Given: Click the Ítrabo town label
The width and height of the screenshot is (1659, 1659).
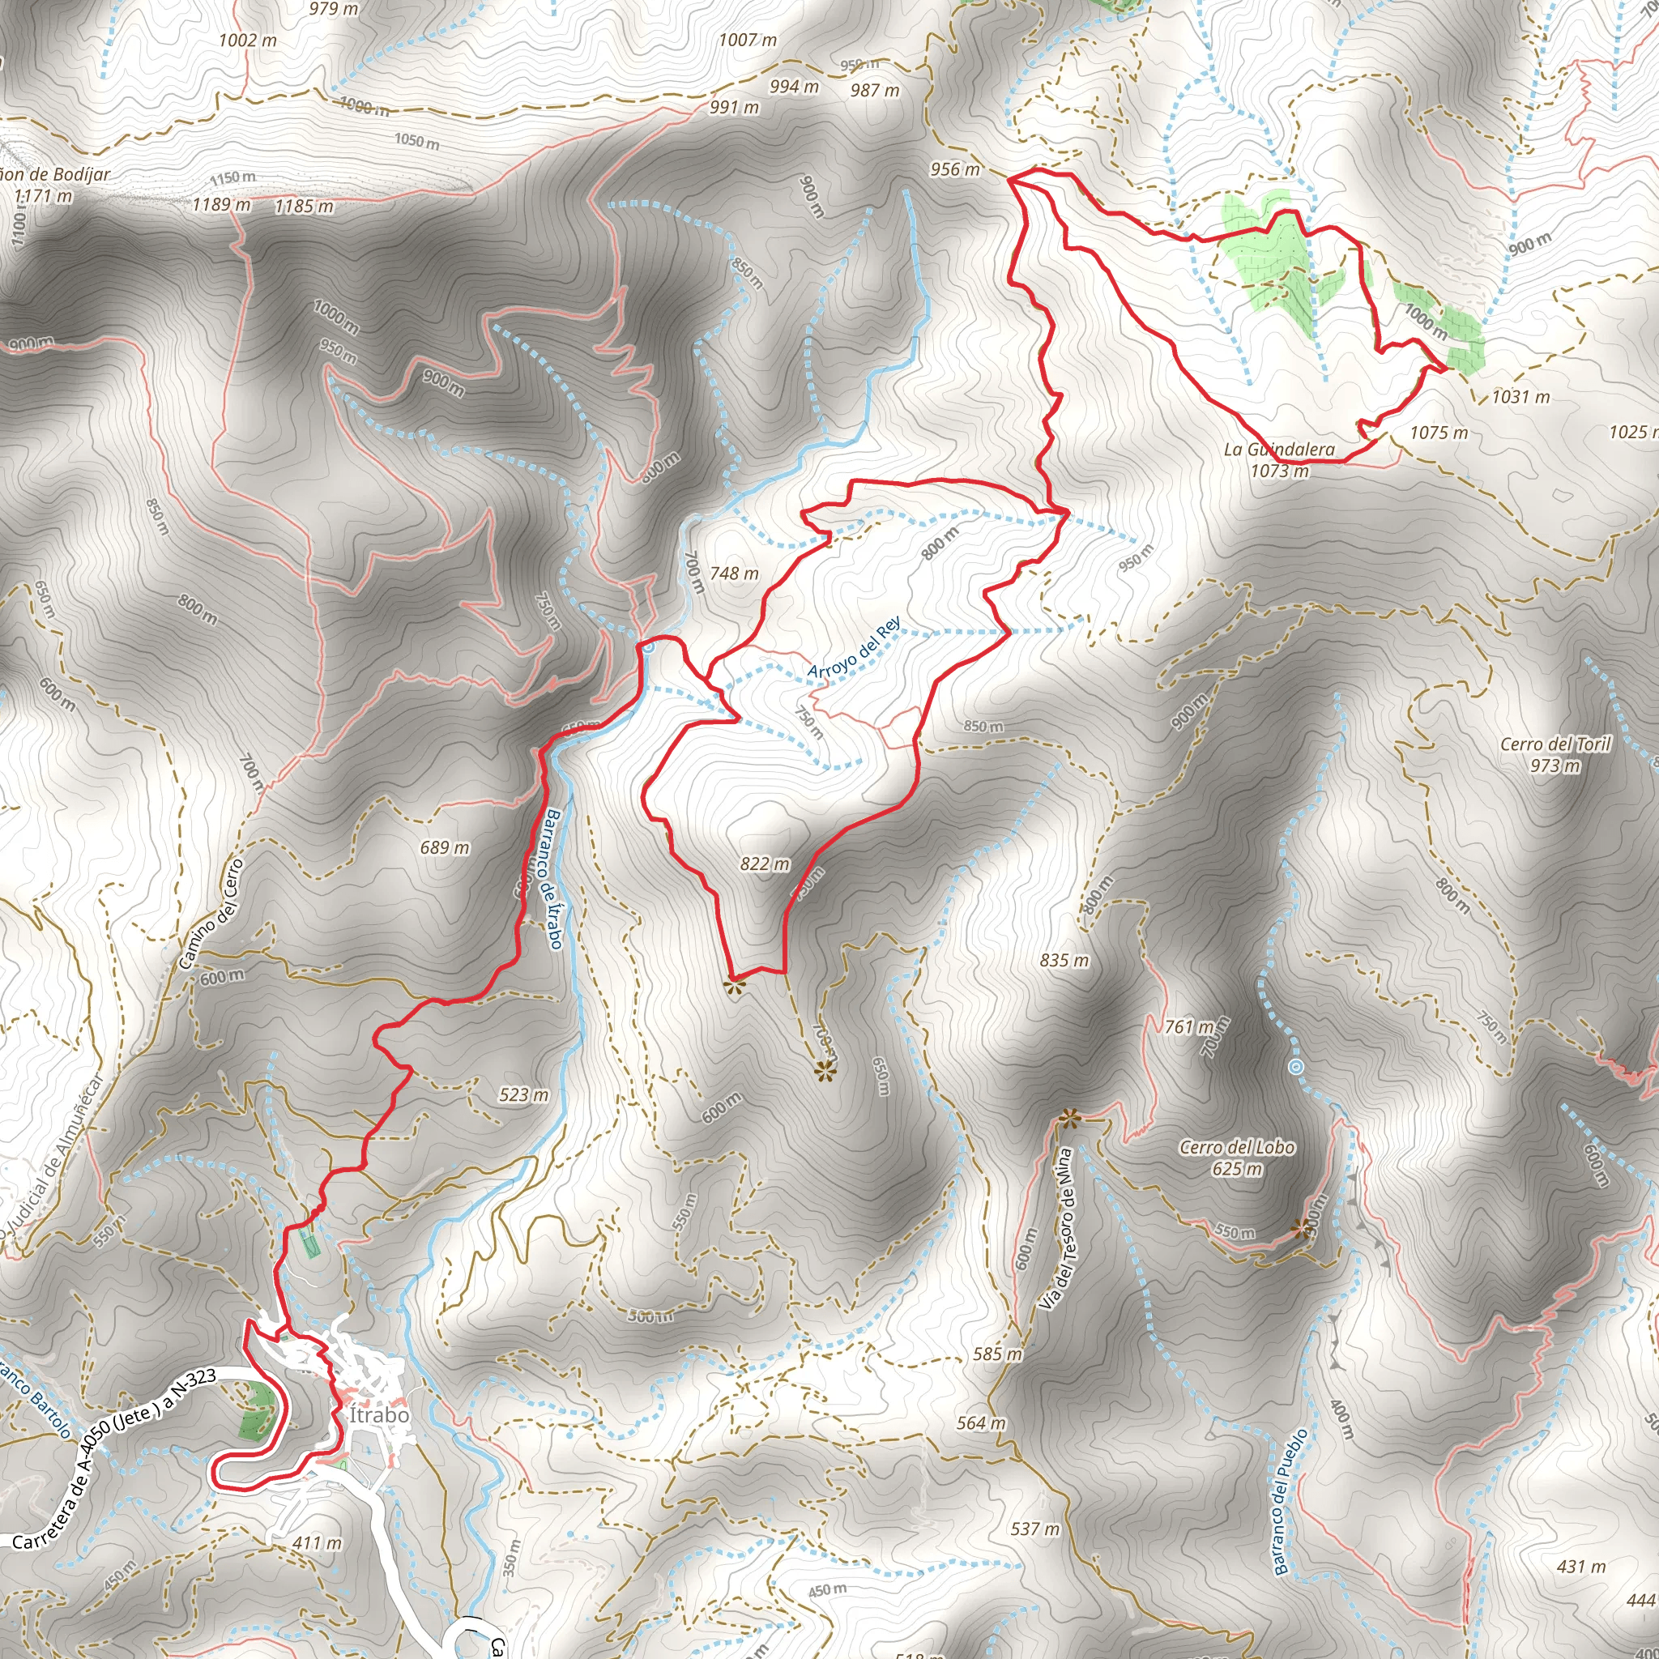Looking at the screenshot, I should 378,1414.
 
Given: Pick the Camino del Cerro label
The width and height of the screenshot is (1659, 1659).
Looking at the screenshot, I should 212,914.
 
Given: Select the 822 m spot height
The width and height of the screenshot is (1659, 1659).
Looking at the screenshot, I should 765,864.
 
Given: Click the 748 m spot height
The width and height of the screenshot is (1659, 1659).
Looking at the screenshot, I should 734,573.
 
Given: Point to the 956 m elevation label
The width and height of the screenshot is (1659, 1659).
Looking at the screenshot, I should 955,169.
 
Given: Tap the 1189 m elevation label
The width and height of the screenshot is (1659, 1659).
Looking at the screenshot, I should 220,204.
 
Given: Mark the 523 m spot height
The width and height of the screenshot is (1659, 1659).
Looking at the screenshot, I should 524,1095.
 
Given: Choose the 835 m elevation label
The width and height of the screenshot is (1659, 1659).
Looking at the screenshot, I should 1064,960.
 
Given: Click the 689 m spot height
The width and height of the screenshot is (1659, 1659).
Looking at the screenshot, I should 445,847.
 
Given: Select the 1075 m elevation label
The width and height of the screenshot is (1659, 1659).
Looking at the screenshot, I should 1439,433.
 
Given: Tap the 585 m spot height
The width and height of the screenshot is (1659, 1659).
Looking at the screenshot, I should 998,1354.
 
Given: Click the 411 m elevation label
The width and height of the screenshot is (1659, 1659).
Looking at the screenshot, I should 317,1543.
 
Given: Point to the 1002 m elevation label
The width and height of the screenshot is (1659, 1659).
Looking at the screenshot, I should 247,40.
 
